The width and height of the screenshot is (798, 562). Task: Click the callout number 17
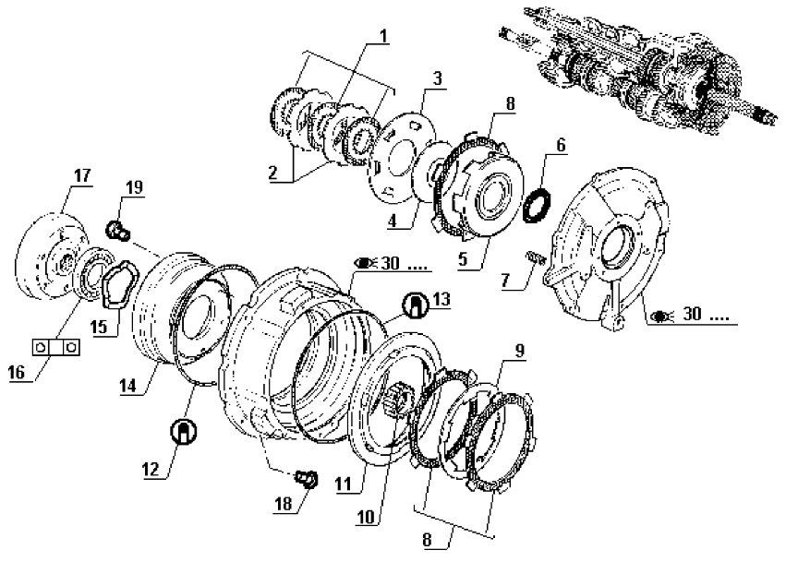click(82, 176)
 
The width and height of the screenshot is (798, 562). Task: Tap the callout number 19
click(135, 187)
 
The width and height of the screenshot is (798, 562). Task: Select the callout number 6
click(561, 146)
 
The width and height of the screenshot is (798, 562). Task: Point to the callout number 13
click(441, 300)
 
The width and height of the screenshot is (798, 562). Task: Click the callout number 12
click(151, 470)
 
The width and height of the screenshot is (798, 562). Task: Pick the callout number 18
click(284, 504)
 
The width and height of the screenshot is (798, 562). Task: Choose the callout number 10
click(366, 518)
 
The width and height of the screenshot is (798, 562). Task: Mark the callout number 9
click(519, 351)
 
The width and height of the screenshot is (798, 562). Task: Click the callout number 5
click(462, 259)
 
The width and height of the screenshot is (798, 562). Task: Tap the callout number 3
click(437, 78)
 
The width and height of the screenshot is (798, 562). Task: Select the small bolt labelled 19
click(117, 231)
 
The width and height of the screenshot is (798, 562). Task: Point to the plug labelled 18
click(307, 478)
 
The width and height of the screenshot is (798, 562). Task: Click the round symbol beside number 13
click(416, 305)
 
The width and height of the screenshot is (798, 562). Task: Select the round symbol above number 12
click(184, 431)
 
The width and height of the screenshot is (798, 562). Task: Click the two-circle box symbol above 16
click(56, 347)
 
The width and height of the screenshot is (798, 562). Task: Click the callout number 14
click(127, 386)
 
